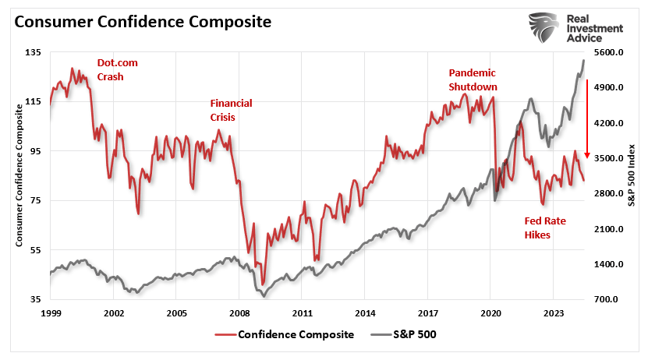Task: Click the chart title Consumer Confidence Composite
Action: click(143, 22)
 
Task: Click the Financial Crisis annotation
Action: click(231, 110)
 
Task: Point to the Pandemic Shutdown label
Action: click(473, 79)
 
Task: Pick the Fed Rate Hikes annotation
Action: click(545, 228)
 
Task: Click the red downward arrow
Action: click(586, 118)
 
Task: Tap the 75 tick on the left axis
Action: click(35, 200)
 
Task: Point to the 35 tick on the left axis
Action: click(35, 299)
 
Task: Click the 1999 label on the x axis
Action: click(50, 312)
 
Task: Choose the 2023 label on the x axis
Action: click(553, 312)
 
